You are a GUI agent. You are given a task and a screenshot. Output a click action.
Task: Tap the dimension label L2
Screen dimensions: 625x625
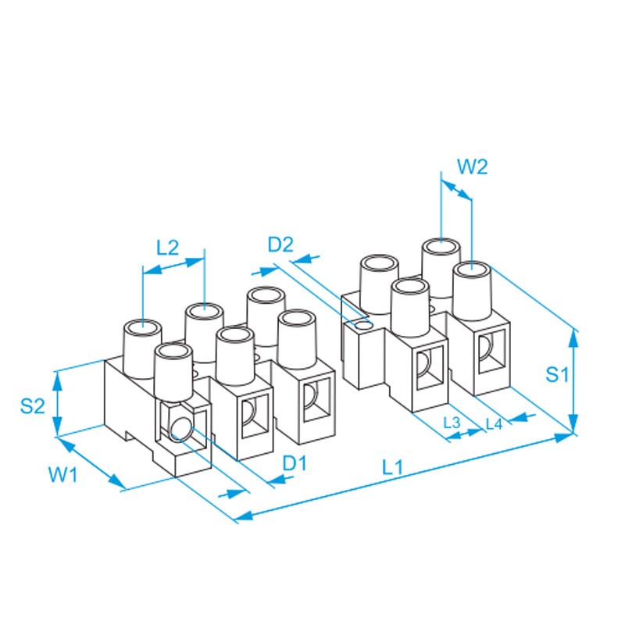pyautogui.click(x=167, y=248)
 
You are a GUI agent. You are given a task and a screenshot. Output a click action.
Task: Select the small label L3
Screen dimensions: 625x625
pyautogui.click(x=452, y=423)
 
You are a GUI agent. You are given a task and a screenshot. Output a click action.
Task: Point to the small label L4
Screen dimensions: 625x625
pyautogui.click(x=494, y=423)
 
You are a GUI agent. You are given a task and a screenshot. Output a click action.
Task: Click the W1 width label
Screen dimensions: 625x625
pyautogui.click(x=63, y=474)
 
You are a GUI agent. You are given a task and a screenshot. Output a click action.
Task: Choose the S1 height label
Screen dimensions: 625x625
pyautogui.click(x=555, y=375)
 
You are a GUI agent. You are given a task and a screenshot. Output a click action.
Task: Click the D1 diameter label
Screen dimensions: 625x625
pyautogui.click(x=295, y=462)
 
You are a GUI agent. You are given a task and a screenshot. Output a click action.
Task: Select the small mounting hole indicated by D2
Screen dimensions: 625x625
pyautogui.click(x=362, y=323)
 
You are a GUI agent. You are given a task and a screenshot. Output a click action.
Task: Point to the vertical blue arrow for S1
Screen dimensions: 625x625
pyautogui.click(x=575, y=380)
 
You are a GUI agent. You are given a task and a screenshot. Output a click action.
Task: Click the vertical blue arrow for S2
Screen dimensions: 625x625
pyautogui.click(x=56, y=403)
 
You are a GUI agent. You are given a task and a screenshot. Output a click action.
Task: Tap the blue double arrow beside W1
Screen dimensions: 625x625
pyautogui.click(x=92, y=464)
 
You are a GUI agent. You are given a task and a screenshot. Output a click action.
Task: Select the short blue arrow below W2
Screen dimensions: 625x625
pyautogui.click(x=456, y=190)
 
